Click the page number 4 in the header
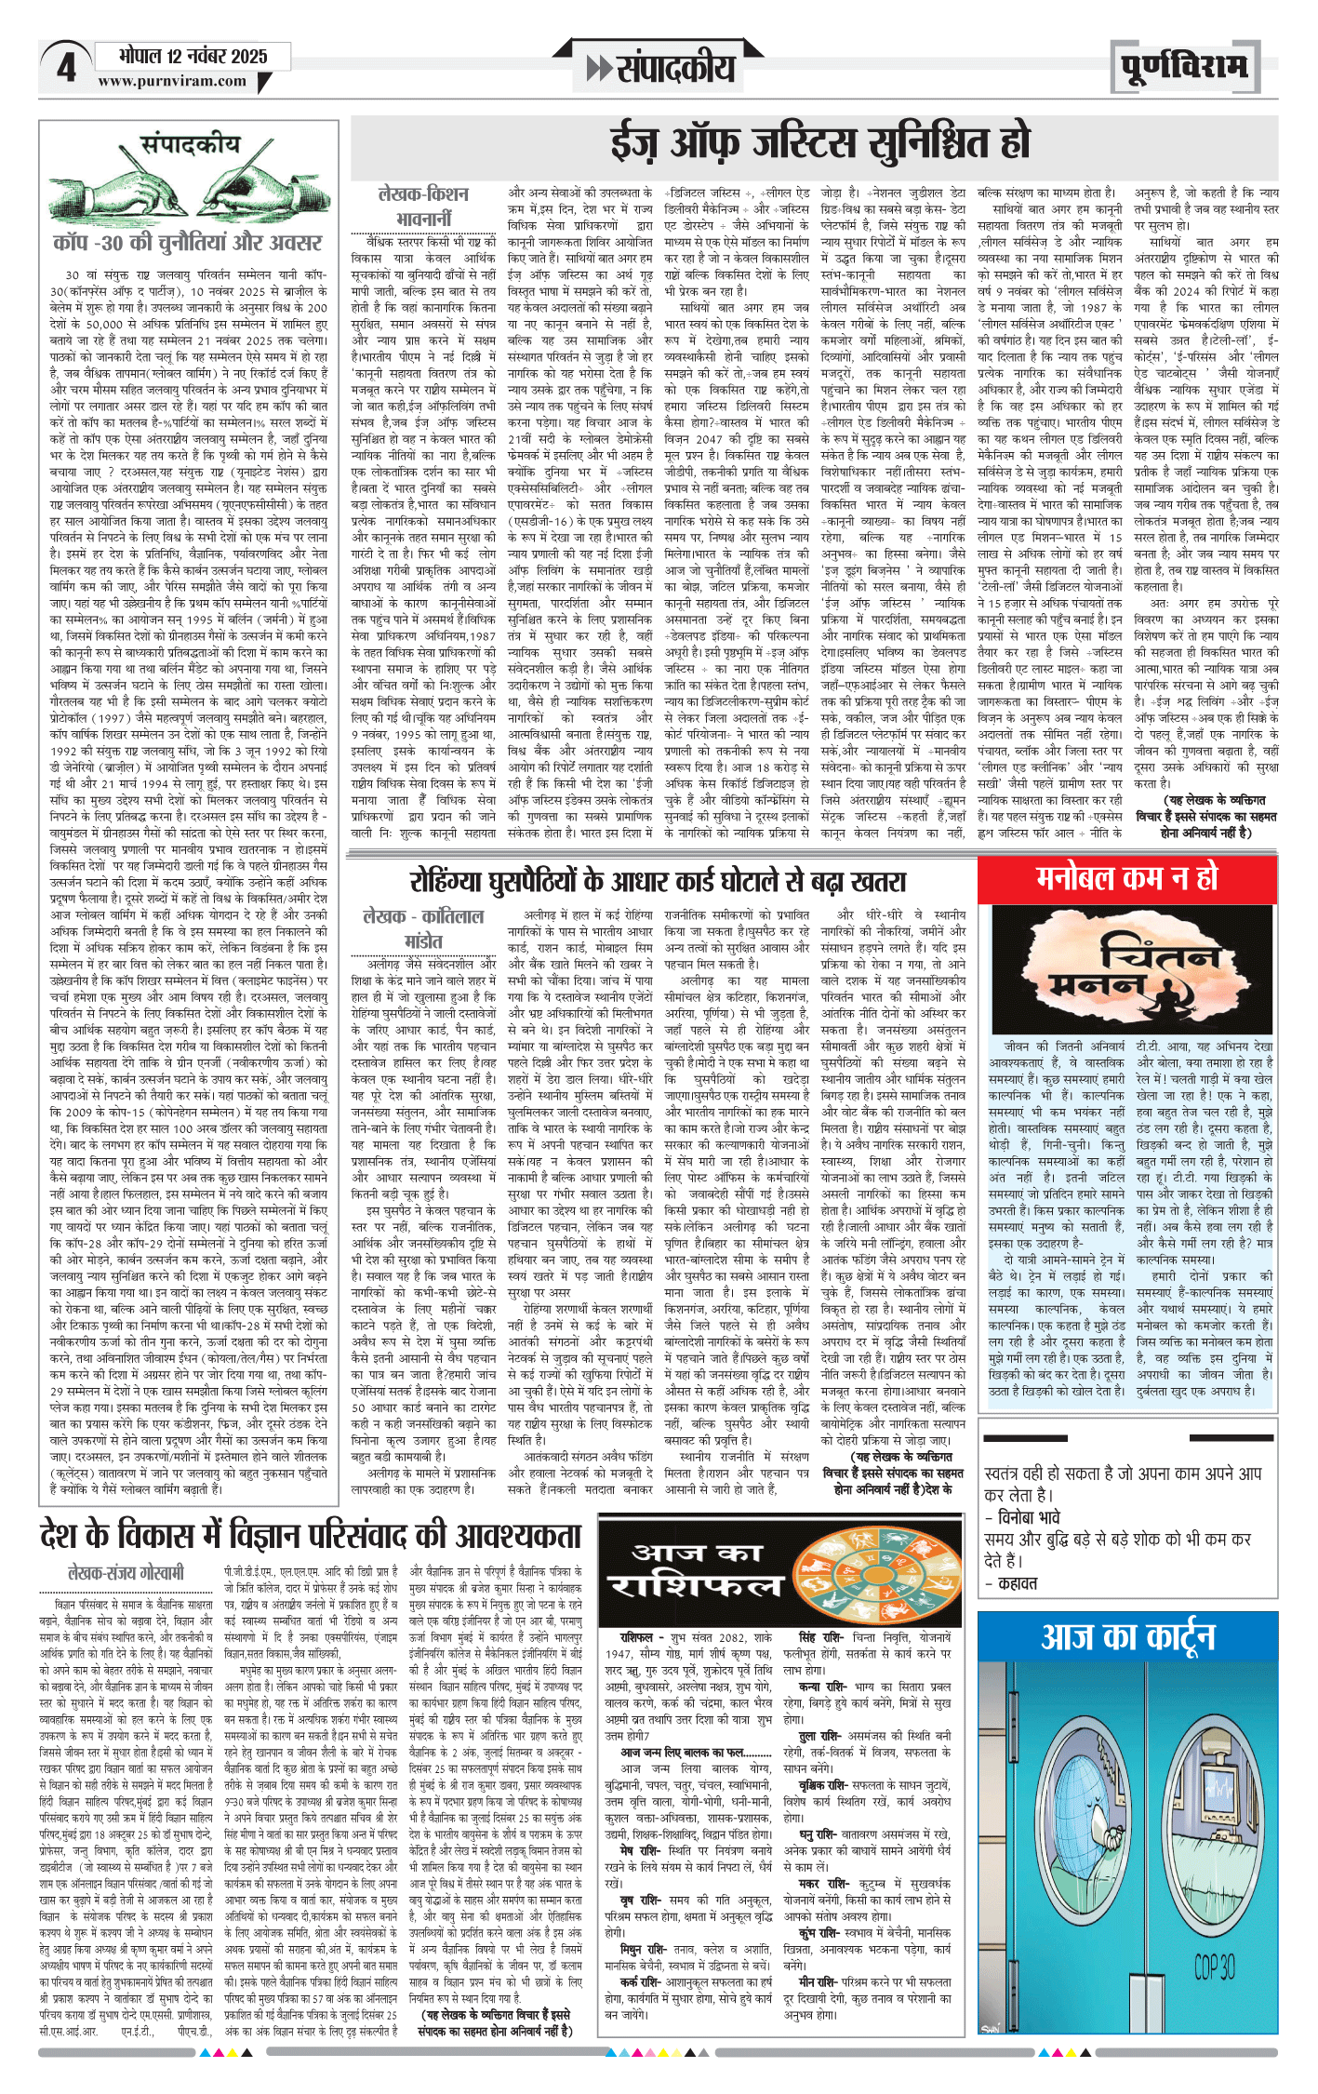[x=65, y=67]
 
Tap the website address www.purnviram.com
[x=172, y=81]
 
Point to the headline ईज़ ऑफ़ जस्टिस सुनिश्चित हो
[x=820, y=142]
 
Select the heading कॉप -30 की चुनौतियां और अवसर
[x=187, y=243]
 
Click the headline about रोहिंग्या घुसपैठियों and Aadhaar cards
[x=658, y=880]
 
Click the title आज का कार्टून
[x=1127, y=1637]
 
